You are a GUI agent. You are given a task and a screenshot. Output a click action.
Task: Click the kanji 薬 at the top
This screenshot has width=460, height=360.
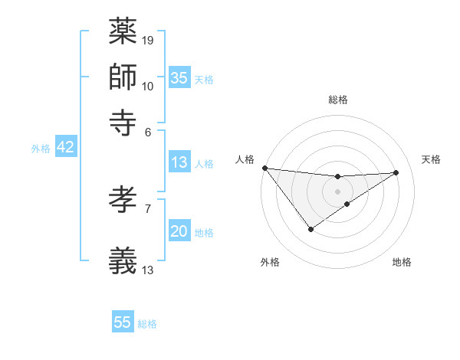click(123, 32)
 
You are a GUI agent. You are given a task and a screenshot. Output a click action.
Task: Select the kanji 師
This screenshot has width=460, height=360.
click(123, 77)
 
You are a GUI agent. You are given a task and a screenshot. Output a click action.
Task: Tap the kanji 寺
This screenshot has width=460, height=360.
click(123, 121)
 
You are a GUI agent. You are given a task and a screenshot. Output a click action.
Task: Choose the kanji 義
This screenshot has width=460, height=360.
click(123, 260)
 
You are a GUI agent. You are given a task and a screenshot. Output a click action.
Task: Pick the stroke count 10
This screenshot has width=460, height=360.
click(148, 86)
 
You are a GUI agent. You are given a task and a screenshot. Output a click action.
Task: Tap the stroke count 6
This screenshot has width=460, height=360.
click(149, 131)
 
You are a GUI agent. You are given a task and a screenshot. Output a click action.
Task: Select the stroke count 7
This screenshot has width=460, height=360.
click(148, 208)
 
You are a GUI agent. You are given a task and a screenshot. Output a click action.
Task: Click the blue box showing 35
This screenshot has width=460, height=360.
click(179, 78)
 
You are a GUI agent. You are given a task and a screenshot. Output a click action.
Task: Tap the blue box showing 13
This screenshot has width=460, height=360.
click(179, 162)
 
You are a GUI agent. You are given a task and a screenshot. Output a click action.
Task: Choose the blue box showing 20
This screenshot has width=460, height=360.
click(179, 232)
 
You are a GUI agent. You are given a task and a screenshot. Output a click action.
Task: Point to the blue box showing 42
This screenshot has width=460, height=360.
click(65, 148)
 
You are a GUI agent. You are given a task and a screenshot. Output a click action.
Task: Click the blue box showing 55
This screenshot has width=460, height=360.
click(123, 322)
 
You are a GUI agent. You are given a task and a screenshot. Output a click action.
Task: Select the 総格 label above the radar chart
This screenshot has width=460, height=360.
click(337, 100)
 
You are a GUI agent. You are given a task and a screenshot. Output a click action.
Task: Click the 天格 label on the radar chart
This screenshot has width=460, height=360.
click(432, 159)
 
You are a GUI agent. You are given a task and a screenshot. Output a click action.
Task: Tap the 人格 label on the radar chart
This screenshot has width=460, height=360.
click(245, 159)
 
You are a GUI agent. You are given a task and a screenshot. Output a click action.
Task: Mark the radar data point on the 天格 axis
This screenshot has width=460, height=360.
click(396, 172)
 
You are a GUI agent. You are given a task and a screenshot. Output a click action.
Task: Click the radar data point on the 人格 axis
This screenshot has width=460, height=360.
click(264, 168)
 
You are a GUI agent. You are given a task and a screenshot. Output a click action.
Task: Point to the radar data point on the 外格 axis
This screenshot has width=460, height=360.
click(310, 229)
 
